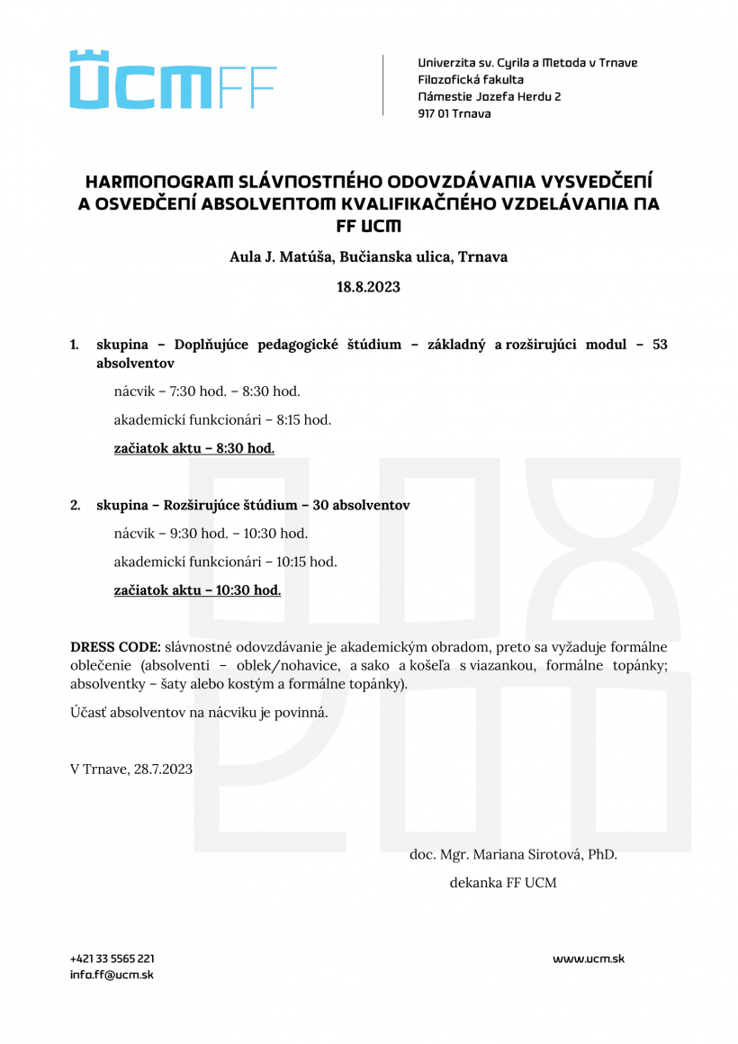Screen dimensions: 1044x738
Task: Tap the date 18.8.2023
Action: [x=368, y=288]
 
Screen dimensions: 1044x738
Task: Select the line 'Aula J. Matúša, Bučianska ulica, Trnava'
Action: [x=368, y=257]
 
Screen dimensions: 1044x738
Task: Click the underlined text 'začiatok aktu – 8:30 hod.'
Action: [x=194, y=448]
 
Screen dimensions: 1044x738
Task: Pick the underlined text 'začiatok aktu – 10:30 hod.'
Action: [x=197, y=590]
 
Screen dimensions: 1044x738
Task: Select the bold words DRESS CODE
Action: [x=115, y=647]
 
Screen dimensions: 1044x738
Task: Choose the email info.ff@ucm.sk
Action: [x=112, y=975]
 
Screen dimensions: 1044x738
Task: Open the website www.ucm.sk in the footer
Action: [x=588, y=958]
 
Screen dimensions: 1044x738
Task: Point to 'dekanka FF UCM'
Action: [x=503, y=883]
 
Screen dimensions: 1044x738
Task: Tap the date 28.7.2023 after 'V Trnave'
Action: [x=163, y=769]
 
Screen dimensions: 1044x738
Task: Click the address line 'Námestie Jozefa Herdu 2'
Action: [x=490, y=96]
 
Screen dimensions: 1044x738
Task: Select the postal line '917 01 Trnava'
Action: [x=454, y=113]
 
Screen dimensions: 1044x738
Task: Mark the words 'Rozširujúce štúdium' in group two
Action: [x=228, y=506]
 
